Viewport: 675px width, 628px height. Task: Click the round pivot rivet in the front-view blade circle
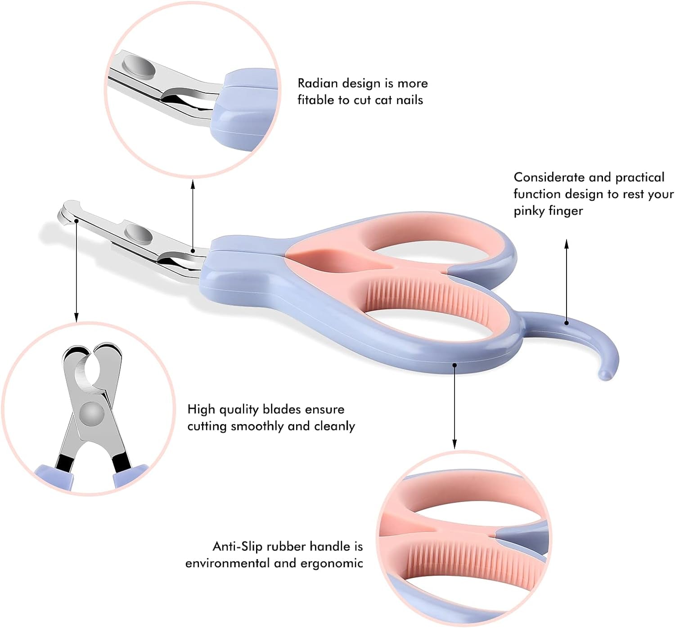pos(92,414)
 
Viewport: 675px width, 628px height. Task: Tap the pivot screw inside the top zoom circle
pos(139,66)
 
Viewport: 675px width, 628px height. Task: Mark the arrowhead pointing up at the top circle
pos(193,184)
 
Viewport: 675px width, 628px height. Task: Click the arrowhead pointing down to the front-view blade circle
pos(76,318)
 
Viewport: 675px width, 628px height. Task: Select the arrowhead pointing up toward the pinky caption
pos(567,244)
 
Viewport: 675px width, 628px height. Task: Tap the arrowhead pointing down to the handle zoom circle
pos(454,444)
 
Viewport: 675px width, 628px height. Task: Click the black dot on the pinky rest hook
pos(567,323)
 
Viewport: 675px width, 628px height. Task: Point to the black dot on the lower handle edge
pos(455,365)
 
